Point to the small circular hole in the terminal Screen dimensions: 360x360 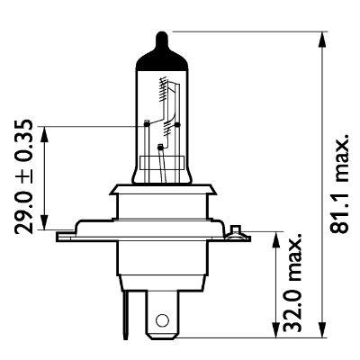coord(162,320)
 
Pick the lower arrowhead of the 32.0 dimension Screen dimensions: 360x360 coord(274,335)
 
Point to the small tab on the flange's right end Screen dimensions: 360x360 coord(238,231)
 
